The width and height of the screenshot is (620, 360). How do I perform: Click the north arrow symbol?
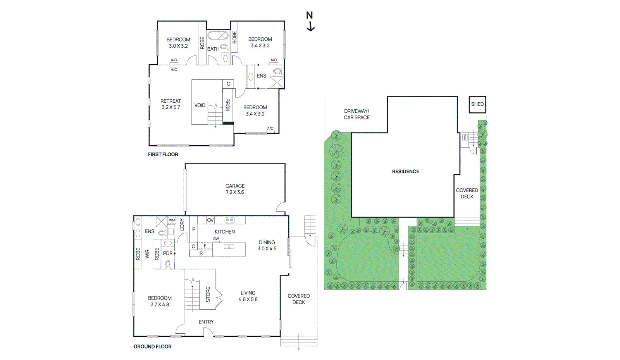[x=310, y=21]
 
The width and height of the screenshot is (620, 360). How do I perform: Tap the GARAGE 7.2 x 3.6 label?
[x=235, y=189]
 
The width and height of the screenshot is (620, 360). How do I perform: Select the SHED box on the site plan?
[x=477, y=104]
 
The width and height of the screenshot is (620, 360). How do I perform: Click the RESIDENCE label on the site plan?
[x=405, y=171]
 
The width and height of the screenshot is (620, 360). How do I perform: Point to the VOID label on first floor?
[x=200, y=105]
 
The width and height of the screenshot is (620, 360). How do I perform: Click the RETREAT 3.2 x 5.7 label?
[x=170, y=104]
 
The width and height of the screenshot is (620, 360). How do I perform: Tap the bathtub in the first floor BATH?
[x=217, y=36]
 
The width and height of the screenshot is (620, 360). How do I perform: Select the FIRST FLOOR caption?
[x=163, y=154]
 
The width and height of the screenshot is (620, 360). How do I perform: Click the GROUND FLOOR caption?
[x=152, y=346]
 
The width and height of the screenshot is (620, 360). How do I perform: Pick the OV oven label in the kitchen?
[x=210, y=220]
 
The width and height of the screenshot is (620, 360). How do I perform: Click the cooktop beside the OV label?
[x=229, y=220]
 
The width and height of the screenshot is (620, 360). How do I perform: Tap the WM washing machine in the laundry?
[x=172, y=220]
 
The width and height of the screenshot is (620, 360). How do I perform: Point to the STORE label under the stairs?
[x=208, y=295]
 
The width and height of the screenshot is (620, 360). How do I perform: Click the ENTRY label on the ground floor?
[x=206, y=322]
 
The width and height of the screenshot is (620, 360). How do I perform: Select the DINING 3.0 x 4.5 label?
[x=267, y=245]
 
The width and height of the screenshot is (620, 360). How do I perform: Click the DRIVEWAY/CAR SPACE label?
[x=356, y=114]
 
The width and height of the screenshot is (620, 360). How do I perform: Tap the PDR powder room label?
[x=168, y=253]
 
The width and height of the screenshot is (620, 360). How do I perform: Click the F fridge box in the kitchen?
[x=205, y=246]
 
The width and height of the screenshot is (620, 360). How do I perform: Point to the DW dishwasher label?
[x=216, y=239]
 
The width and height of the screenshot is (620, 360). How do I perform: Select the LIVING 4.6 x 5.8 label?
[x=248, y=296]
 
